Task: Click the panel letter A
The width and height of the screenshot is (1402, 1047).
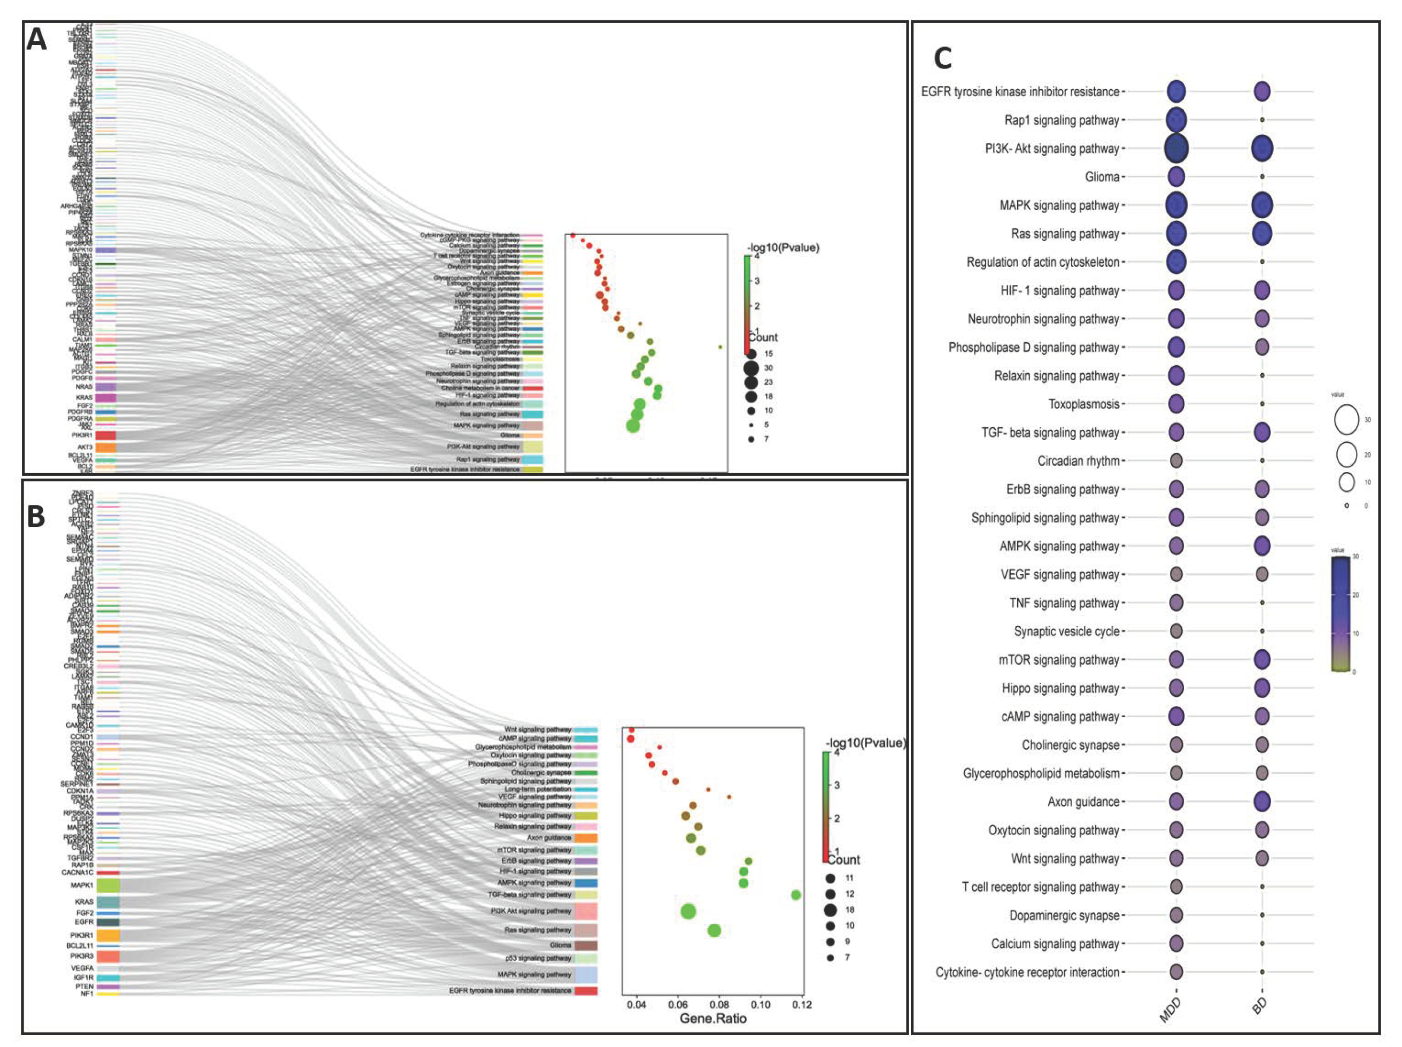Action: pos(37,40)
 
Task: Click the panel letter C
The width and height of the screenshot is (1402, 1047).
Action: pos(943,59)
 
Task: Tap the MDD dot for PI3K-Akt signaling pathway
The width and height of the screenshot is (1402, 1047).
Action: pos(1176,148)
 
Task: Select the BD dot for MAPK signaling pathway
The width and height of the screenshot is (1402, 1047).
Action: pos(1262,205)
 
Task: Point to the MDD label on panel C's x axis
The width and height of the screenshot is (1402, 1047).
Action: pos(1170,1010)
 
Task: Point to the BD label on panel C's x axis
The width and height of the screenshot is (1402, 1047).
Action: pos(1259,1006)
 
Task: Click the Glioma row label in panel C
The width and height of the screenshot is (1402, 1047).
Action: pos(1102,177)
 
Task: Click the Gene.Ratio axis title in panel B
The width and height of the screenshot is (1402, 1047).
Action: pos(712,1019)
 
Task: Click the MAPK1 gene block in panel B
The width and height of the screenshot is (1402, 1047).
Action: pos(107,886)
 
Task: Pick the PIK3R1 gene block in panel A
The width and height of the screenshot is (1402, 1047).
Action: pos(105,435)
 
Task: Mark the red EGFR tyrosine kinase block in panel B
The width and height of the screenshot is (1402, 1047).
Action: pos(585,991)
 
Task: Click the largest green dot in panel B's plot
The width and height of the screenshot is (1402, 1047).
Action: pos(688,911)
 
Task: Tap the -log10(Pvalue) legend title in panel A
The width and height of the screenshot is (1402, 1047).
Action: pos(783,247)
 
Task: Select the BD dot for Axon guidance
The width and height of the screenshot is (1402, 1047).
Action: pos(1262,801)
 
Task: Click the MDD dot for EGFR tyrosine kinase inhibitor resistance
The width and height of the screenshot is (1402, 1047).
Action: pos(1176,91)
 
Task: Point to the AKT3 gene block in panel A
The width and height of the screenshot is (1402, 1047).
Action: pos(105,448)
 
